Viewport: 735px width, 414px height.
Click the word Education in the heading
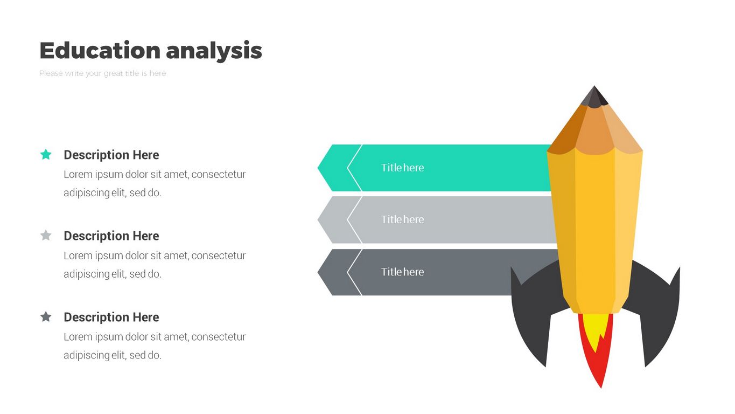[x=100, y=50]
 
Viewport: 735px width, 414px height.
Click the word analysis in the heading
[x=214, y=52]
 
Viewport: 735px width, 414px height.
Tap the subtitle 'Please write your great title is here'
[x=102, y=73]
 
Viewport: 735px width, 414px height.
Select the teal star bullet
[x=46, y=154]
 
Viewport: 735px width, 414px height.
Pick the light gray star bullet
[x=46, y=235]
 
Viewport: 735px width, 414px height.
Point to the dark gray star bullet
[x=46, y=317]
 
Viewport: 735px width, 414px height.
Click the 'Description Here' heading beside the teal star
[x=111, y=155]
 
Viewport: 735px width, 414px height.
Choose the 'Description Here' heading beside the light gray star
[x=111, y=236]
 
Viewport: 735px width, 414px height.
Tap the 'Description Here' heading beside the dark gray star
[x=111, y=317]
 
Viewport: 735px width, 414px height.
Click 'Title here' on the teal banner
[x=402, y=168]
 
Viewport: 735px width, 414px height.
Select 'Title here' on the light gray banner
[x=402, y=219]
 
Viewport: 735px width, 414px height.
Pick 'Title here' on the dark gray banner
[x=402, y=272]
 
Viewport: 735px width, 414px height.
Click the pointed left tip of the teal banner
[x=318, y=168]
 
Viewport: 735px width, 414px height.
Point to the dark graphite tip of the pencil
[x=594, y=97]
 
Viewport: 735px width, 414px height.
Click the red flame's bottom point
[x=601, y=388]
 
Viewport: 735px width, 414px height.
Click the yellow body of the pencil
[x=594, y=230]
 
